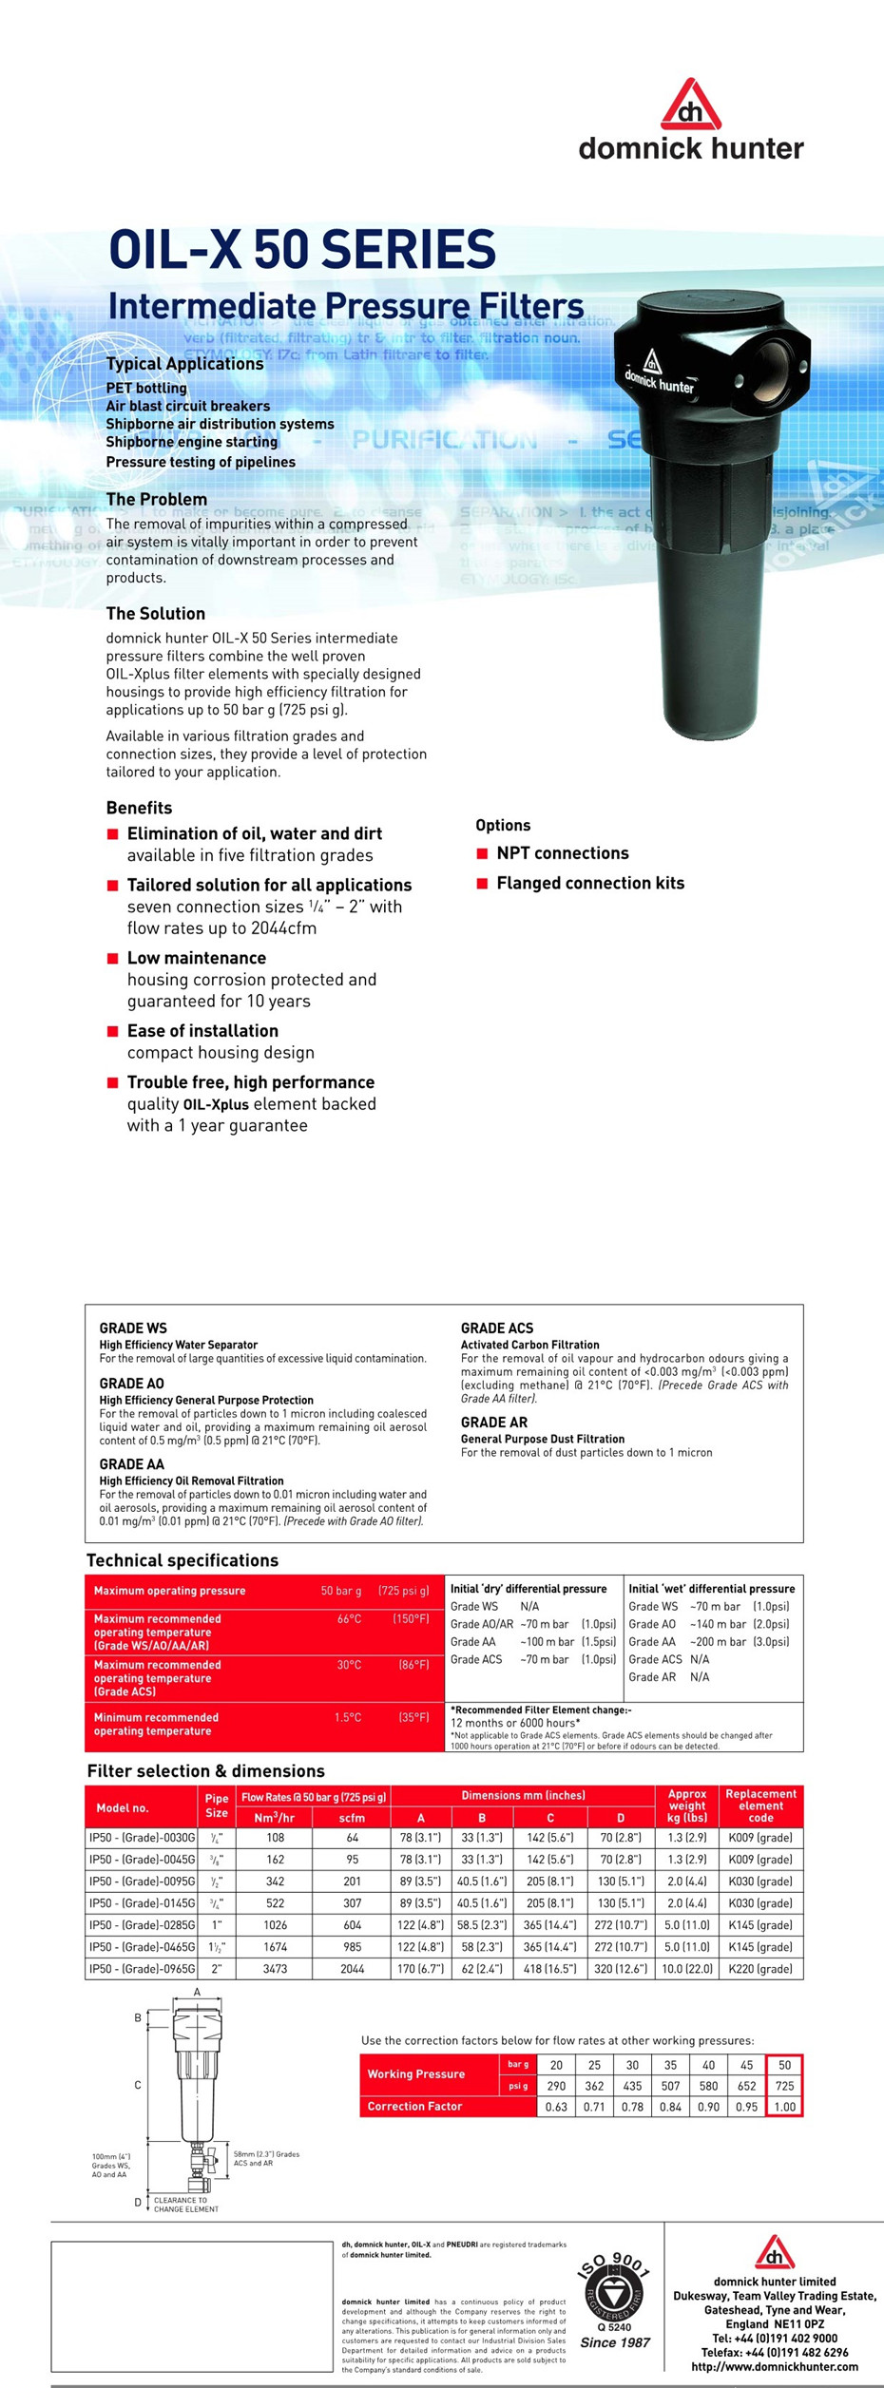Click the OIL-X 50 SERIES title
[x=302, y=251]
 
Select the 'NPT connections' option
[x=562, y=853]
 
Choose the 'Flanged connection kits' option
[x=589, y=883]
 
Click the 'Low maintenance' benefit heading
[x=197, y=958]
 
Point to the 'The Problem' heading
[x=157, y=500]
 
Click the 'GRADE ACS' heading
[x=497, y=1328]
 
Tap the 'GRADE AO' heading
[x=132, y=1384]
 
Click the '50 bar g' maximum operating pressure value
[x=341, y=1591]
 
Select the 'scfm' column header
[x=352, y=1818]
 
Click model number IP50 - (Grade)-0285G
[x=142, y=1925]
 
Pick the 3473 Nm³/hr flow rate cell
[x=275, y=1969]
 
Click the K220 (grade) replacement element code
[x=760, y=1969]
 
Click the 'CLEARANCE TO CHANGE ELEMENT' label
[x=186, y=2205]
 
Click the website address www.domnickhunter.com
[x=774, y=2367]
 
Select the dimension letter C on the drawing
[x=138, y=2085]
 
